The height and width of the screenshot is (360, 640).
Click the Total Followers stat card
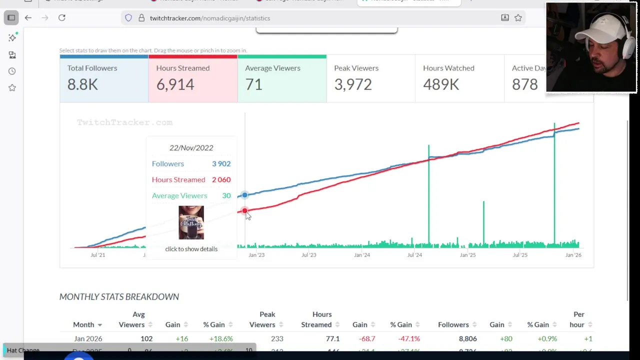point(103,79)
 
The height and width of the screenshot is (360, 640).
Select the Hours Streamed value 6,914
point(175,84)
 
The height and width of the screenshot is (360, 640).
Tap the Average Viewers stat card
point(281,79)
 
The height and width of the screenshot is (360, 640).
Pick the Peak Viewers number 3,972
point(353,84)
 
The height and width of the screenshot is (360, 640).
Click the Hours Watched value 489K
point(441,84)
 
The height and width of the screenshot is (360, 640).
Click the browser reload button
point(62,18)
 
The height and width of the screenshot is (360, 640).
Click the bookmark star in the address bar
point(518,18)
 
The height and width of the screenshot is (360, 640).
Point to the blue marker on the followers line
point(244,195)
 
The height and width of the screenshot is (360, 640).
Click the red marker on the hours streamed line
point(244,211)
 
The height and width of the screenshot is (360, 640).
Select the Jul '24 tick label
point(414,255)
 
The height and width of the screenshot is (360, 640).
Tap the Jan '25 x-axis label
point(467,255)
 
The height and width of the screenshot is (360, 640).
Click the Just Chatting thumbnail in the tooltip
point(191,222)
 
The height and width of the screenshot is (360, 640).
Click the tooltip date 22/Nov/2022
point(191,147)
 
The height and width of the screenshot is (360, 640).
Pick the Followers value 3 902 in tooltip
point(221,163)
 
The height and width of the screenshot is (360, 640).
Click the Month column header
point(83,324)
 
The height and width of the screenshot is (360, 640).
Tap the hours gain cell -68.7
point(367,338)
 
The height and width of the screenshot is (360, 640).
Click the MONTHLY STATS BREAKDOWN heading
point(119,296)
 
